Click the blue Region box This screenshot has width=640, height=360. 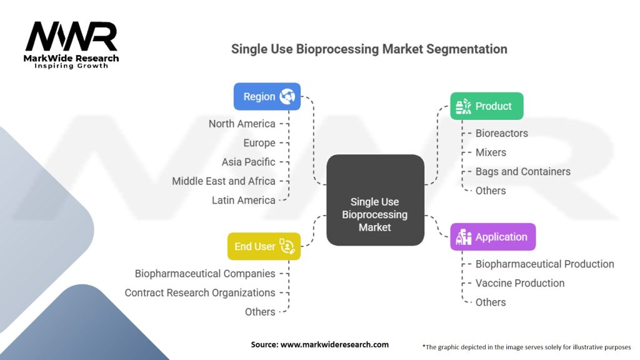click(x=267, y=97)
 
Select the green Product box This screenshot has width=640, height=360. click(x=486, y=106)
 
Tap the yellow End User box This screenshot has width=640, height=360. click(x=263, y=246)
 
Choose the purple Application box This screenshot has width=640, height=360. click(x=492, y=237)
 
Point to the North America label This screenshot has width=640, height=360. click(x=242, y=124)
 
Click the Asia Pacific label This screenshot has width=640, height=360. click(x=248, y=162)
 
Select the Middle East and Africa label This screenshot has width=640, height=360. click(x=224, y=181)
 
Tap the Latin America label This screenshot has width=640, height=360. click(x=243, y=200)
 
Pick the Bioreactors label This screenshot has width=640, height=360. click(x=501, y=133)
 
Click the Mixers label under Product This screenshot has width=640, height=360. click(x=491, y=152)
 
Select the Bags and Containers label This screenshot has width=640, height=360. click(x=522, y=171)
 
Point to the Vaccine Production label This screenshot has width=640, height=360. click(x=519, y=283)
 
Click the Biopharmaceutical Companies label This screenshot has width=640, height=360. click(x=205, y=274)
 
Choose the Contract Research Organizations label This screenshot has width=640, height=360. click(x=200, y=292)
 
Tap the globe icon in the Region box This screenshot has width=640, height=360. click(x=287, y=97)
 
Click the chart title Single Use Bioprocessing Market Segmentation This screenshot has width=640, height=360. click(x=369, y=49)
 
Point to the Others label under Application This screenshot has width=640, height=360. click(x=491, y=302)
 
